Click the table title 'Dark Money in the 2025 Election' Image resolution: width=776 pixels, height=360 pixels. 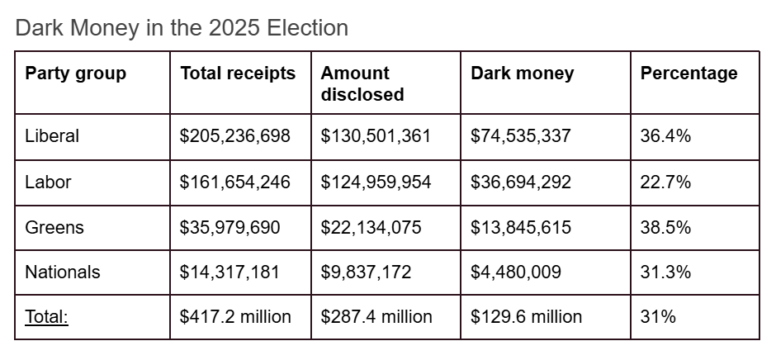182,27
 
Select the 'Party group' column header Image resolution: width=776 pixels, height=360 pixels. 75,73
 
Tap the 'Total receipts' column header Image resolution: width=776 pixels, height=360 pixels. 238,73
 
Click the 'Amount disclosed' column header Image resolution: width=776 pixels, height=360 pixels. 362,83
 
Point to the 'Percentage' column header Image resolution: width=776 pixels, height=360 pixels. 688,73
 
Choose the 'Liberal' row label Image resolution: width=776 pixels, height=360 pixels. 52,136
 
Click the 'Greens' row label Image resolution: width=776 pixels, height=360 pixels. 54,227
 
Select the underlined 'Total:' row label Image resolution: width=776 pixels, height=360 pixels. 47,317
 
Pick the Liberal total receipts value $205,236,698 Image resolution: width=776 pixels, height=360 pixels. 235,136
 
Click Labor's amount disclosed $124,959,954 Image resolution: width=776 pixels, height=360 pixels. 376,182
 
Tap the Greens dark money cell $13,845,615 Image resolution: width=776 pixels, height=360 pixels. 520,227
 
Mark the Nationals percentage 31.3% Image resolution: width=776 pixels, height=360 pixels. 665,272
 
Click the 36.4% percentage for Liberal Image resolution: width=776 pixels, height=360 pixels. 665,136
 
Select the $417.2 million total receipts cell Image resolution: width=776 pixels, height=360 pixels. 235,317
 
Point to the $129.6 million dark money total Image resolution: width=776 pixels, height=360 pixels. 526,317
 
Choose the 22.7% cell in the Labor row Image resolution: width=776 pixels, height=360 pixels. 665,182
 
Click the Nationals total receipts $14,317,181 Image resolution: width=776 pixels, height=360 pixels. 230,272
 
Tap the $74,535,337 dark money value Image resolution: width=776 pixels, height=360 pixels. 520,136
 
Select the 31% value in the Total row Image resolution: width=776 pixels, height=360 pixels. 658,317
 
